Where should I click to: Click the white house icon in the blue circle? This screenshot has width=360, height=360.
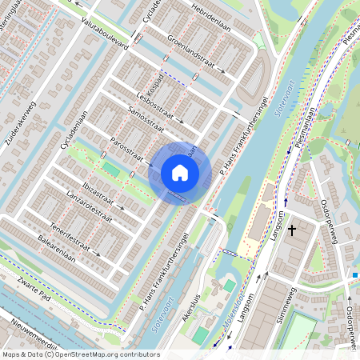pos(180,172)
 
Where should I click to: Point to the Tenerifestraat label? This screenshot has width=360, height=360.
pos(67,230)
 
